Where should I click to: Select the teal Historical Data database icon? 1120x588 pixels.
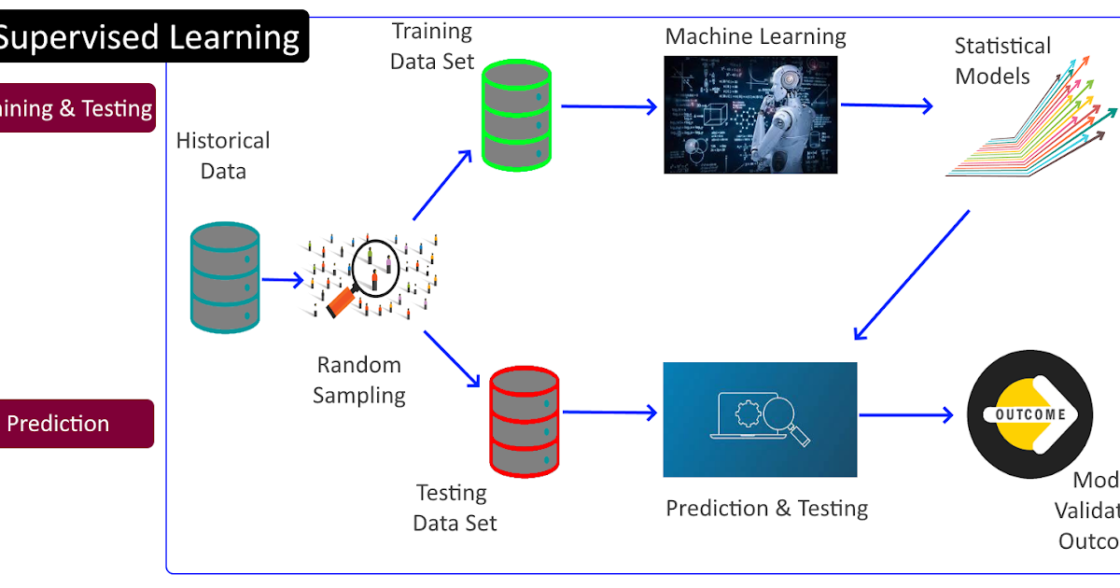coord(224,277)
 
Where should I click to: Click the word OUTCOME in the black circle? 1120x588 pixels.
coord(1030,414)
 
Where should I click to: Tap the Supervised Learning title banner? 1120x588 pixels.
coord(149,37)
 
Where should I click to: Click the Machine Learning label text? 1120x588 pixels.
coord(755,37)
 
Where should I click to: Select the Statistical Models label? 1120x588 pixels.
coord(1001,61)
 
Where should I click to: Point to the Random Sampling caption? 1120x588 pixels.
coord(359,380)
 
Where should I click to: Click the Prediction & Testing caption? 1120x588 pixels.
coord(766,509)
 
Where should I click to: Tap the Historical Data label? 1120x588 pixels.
coord(223,156)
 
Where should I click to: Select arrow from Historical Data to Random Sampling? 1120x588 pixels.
coord(282,279)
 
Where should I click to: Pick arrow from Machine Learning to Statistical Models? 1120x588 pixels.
coord(886,105)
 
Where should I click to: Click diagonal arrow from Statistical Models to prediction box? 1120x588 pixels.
coord(912,274)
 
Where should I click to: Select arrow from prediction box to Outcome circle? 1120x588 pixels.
coord(906,414)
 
